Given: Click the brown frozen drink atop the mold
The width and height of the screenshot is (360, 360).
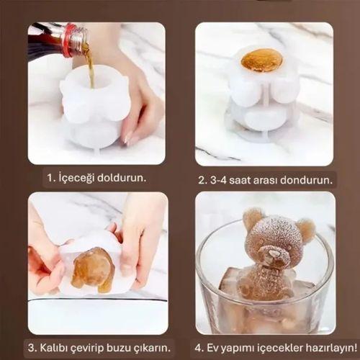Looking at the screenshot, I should tap(261, 60).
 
